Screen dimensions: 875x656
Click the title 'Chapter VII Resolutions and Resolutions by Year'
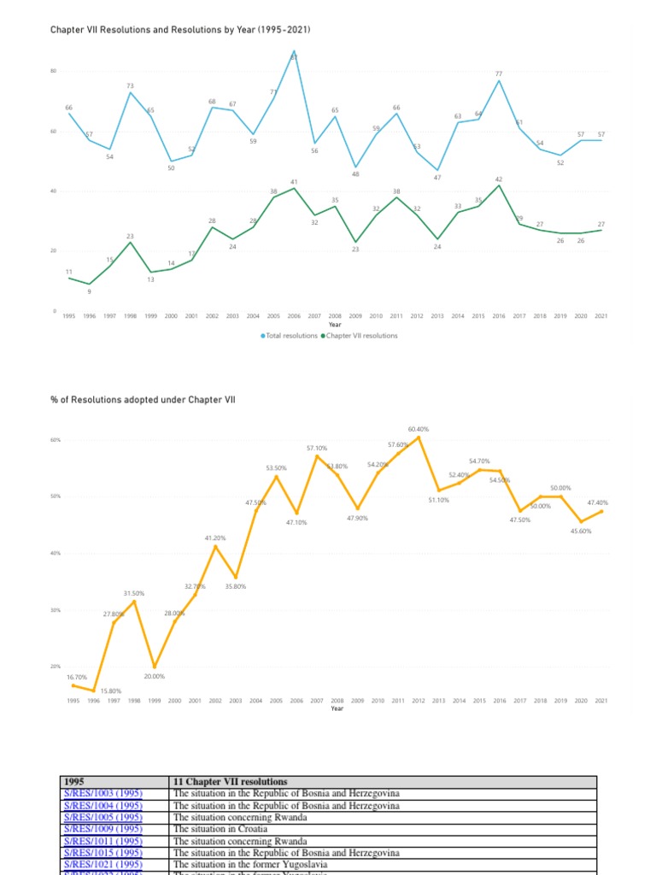(179, 30)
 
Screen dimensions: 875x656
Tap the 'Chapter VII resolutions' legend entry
(361, 336)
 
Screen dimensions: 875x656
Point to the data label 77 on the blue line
(499, 74)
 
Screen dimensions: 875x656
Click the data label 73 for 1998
(131, 85)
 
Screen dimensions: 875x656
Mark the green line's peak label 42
(499, 179)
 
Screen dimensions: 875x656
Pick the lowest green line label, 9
(90, 293)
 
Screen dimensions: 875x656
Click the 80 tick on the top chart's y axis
(54, 71)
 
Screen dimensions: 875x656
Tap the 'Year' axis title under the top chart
(335, 325)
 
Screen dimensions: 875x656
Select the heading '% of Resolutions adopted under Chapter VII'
(143, 399)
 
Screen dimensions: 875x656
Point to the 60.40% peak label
(419, 429)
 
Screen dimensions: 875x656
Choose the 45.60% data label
(581, 531)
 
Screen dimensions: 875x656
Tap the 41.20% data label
(215, 537)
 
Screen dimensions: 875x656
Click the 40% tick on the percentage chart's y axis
(56, 554)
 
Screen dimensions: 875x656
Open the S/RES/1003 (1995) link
(102, 793)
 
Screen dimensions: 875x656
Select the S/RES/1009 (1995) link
(102, 829)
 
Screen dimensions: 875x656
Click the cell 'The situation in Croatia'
(220, 829)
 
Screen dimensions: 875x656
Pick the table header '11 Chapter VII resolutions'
(230, 781)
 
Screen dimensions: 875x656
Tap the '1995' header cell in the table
(76, 781)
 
